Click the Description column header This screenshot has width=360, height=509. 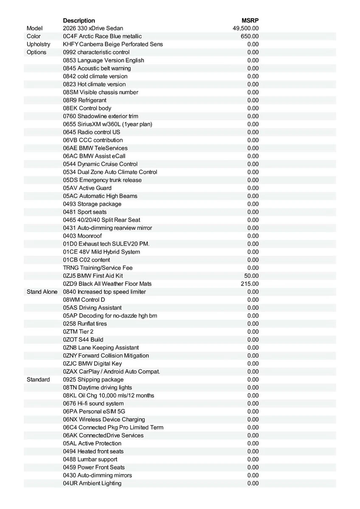[x=79, y=20]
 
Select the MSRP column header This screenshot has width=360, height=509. [x=250, y=20]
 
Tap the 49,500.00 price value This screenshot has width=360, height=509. [x=246, y=28]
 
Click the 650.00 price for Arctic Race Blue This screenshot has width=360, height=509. [x=250, y=36]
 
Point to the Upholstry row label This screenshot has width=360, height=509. [x=38, y=44]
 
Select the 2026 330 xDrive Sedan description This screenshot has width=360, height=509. [x=93, y=28]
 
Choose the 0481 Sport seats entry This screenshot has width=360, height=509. [x=85, y=212]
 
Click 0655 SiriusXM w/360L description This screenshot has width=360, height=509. [x=107, y=124]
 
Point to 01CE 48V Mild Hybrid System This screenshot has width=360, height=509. [x=101, y=252]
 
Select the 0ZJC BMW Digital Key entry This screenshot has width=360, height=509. [x=92, y=364]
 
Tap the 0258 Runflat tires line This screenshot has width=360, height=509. [x=85, y=324]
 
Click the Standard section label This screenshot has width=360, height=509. [x=38, y=380]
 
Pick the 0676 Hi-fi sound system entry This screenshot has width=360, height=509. [x=93, y=403]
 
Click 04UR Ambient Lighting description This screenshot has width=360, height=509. [x=92, y=483]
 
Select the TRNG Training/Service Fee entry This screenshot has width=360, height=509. [x=98, y=268]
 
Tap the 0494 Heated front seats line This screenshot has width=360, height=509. [x=93, y=451]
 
